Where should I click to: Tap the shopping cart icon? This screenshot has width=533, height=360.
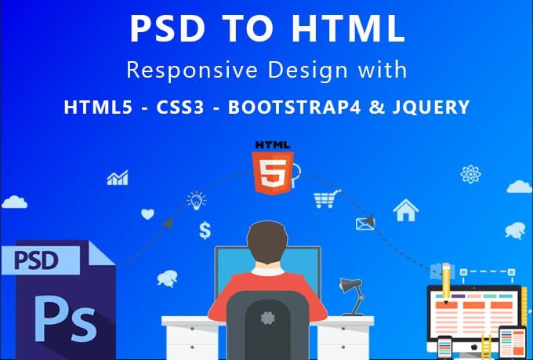pos(325,199)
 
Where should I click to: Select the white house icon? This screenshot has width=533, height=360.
pos(405,209)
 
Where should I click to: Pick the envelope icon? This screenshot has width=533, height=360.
pos(365,224)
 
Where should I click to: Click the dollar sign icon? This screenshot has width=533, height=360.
pos(205,230)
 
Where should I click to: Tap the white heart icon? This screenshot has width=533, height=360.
pos(147,213)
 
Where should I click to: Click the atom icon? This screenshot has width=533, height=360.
pos(470,173)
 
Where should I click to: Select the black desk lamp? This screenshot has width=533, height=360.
pos(350,285)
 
